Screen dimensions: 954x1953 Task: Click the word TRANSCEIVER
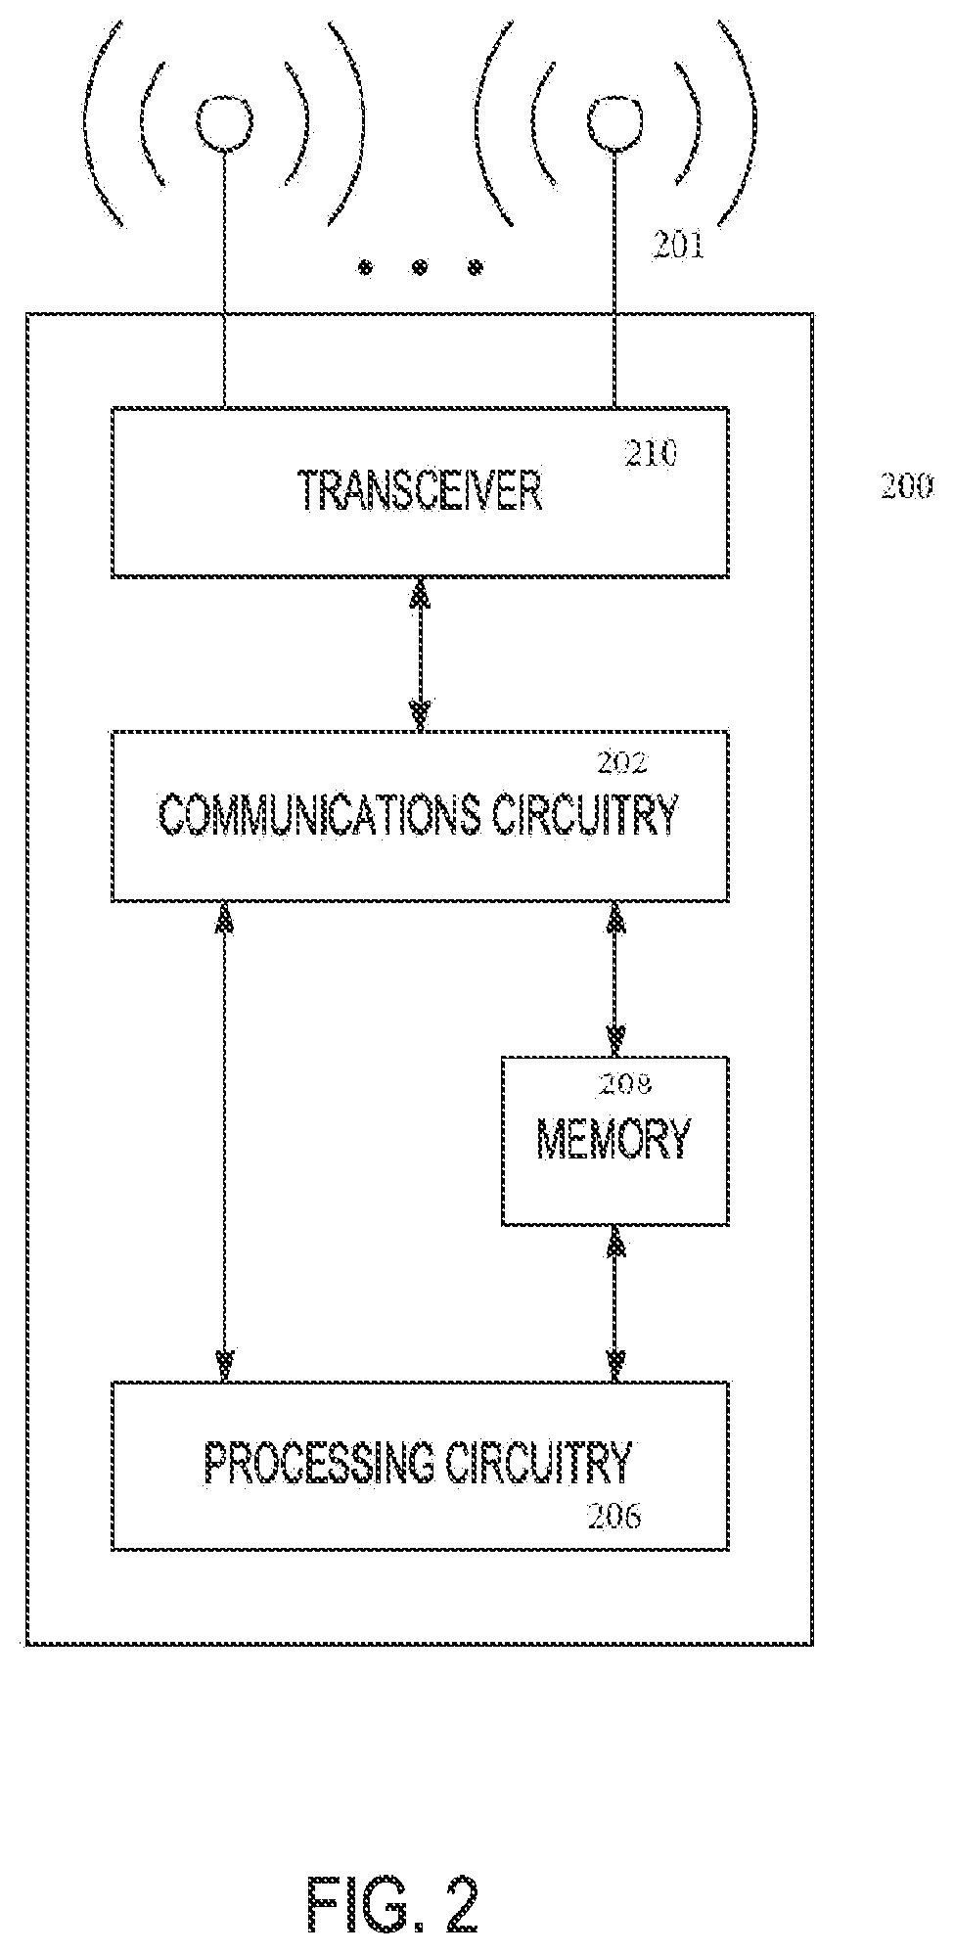coord(421,491)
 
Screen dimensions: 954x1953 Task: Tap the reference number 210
coord(650,454)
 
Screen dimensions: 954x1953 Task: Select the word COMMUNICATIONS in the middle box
coord(319,814)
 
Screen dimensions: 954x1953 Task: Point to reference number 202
coord(622,762)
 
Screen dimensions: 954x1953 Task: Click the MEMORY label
coord(614,1138)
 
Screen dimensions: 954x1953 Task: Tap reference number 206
coord(614,1517)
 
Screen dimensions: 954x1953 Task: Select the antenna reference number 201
coord(678,247)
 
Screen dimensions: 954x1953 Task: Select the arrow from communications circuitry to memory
coord(616,977)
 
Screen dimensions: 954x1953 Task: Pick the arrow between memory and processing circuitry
coord(616,1303)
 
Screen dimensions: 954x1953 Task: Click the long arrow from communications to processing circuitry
coord(226,1141)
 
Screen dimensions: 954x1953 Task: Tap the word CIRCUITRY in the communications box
coord(584,814)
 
